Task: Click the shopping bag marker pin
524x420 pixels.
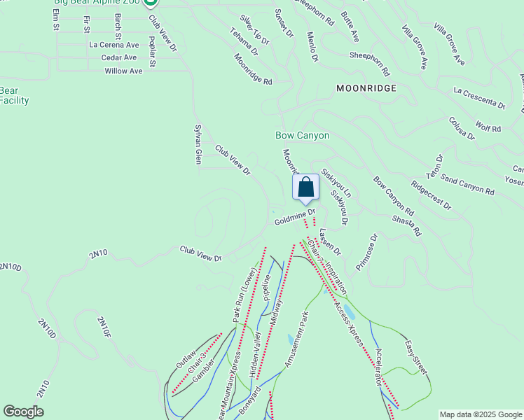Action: [x=305, y=188]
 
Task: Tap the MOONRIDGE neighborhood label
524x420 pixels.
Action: [x=366, y=88]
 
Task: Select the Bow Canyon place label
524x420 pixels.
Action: [x=302, y=135]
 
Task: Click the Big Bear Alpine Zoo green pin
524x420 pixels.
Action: [x=150, y=3]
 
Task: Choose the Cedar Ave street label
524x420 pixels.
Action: [x=119, y=57]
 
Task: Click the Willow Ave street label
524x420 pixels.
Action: [x=123, y=71]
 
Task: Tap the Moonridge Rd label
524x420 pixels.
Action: [x=253, y=69]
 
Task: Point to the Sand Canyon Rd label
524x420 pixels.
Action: [x=469, y=185]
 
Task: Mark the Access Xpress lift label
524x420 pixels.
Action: [x=348, y=322]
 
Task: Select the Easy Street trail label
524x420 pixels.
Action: [x=416, y=356]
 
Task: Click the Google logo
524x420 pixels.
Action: [x=23, y=412]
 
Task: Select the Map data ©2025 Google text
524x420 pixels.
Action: [x=480, y=414]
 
